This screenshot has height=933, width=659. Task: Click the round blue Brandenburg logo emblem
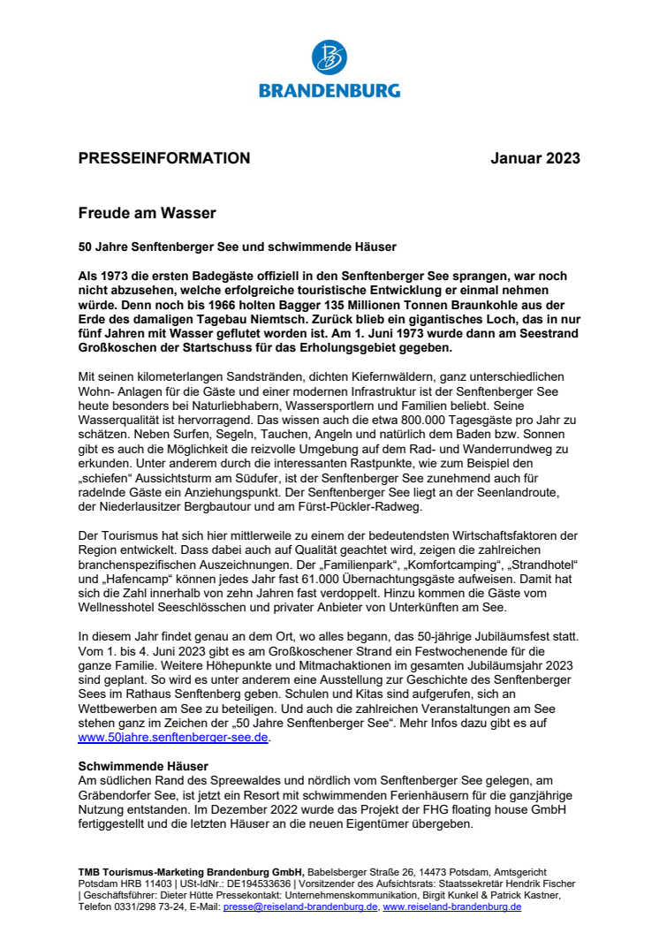[329, 58]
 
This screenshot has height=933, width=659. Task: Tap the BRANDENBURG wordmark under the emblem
[329, 90]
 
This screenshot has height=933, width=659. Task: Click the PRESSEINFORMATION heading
[164, 159]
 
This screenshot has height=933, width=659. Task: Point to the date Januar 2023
[535, 159]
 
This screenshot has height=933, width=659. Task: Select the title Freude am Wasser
[147, 213]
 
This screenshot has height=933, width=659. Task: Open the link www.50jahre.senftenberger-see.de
[172, 736]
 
